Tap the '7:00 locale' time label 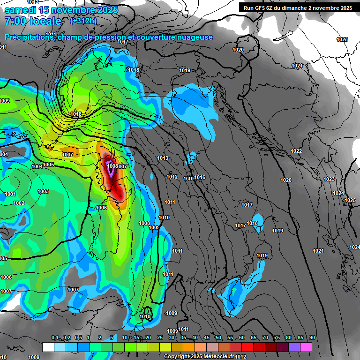click(33, 21)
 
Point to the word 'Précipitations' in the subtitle click(29, 37)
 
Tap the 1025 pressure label click(350, 201)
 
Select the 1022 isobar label click(296, 151)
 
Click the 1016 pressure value click(200, 177)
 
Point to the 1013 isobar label click(163, 158)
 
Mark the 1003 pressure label click(43, 191)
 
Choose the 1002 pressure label click(19, 203)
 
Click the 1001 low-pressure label click(10, 194)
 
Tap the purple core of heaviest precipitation click(111, 172)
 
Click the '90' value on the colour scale click(312, 338)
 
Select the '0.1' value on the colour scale click(55, 338)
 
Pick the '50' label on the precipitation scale click(218, 338)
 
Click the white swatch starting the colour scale click(48, 347)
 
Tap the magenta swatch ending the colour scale click(306, 347)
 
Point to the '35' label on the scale click(183, 338)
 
